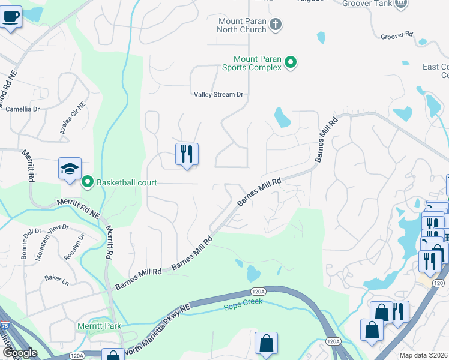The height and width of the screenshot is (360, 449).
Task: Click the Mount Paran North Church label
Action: point(242,25)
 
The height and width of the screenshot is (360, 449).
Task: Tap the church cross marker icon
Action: point(276,25)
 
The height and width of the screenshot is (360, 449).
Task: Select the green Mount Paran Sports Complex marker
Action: point(291,62)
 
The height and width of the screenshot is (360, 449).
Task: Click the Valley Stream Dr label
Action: point(218,95)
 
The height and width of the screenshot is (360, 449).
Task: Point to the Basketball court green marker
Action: point(87,181)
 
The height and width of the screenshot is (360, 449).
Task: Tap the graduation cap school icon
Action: point(70,169)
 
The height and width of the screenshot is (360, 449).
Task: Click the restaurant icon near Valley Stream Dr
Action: point(187,154)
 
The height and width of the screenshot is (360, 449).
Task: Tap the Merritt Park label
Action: point(99,326)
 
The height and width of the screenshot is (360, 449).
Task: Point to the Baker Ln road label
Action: point(56,279)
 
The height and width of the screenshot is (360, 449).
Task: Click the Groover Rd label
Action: point(397,36)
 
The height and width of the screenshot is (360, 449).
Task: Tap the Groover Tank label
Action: point(366,4)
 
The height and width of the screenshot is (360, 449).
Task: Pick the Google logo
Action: point(19,353)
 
